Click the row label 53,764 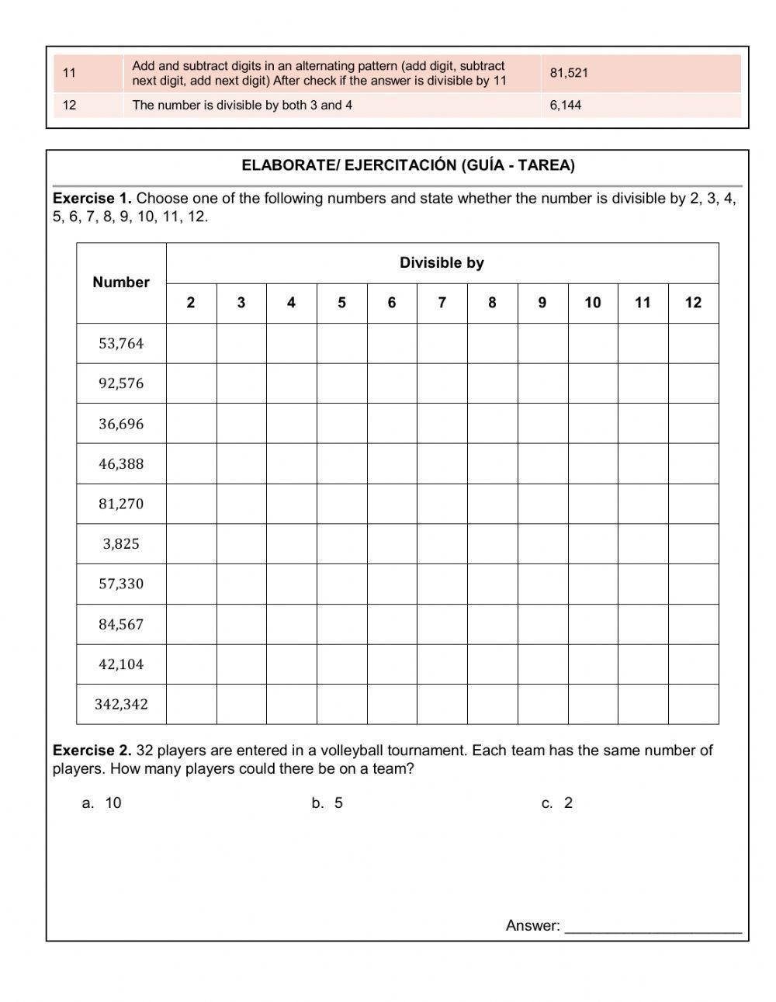(121, 343)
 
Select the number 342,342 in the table (121, 704)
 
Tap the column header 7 (442, 303)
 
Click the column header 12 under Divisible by (693, 303)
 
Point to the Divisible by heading (442, 262)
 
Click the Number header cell (121, 283)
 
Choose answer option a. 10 (102, 803)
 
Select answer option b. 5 (327, 803)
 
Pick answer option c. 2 (557, 803)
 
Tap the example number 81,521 (569, 73)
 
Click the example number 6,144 (565, 105)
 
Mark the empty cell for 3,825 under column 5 (341, 543)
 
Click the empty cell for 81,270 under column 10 (593, 504)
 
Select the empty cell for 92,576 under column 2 (191, 383)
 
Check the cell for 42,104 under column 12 (693, 664)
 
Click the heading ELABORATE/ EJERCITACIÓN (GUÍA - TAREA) (408, 165)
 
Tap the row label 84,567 (121, 624)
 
